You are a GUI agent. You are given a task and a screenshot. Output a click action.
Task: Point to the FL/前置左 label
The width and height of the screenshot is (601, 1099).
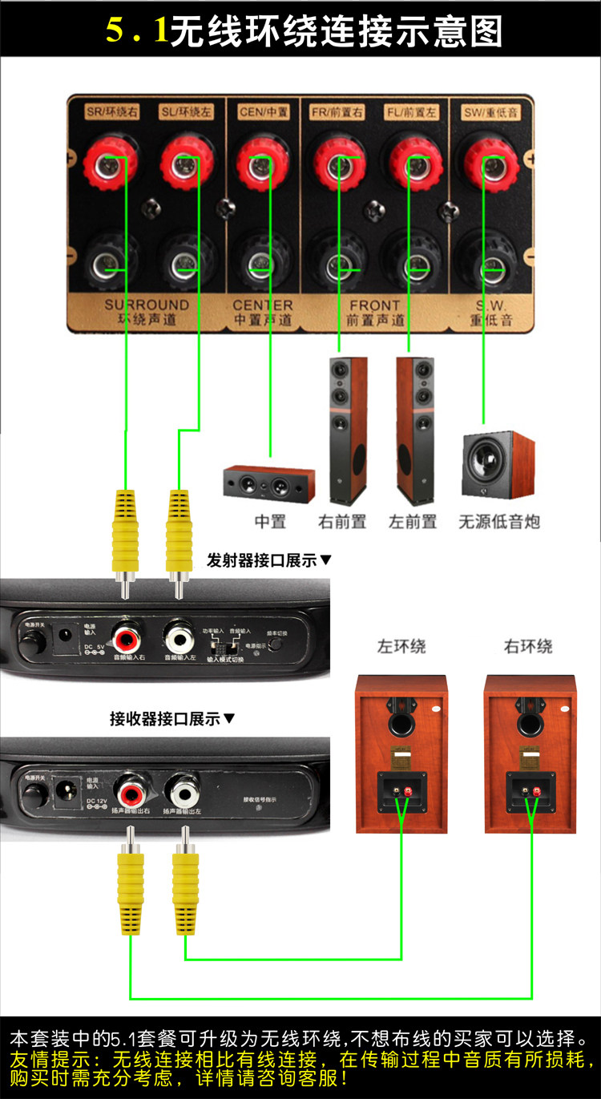pyautogui.click(x=410, y=112)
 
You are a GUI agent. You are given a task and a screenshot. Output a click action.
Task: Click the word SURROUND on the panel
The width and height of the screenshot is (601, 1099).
pyautogui.click(x=147, y=305)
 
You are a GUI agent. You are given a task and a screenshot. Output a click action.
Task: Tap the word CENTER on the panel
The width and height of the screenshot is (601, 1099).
pyautogui.click(x=262, y=305)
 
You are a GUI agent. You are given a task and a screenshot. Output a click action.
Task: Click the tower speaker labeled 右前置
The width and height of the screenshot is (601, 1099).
pyautogui.click(x=348, y=430)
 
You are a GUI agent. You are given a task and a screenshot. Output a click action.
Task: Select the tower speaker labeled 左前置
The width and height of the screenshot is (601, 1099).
pyautogui.click(x=416, y=430)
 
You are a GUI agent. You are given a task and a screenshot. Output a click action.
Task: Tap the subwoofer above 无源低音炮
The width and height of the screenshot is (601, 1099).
pyautogui.click(x=498, y=465)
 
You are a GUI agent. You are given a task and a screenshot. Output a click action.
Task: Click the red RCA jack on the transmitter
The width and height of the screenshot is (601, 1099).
pyautogui.click(x=127, y=639)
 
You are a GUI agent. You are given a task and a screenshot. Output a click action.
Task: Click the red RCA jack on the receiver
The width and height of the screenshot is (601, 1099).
pyautogui.click(x=131, y=794)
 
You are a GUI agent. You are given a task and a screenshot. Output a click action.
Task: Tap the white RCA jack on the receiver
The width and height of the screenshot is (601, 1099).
pyautogui.click(x=184, y=794)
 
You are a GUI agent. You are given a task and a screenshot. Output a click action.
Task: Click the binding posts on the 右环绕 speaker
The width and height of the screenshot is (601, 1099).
pyautogui.click(x=529, y=791)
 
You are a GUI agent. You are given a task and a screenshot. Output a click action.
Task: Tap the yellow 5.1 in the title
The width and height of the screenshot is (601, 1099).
pyautogui.click(x=137, y=30)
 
